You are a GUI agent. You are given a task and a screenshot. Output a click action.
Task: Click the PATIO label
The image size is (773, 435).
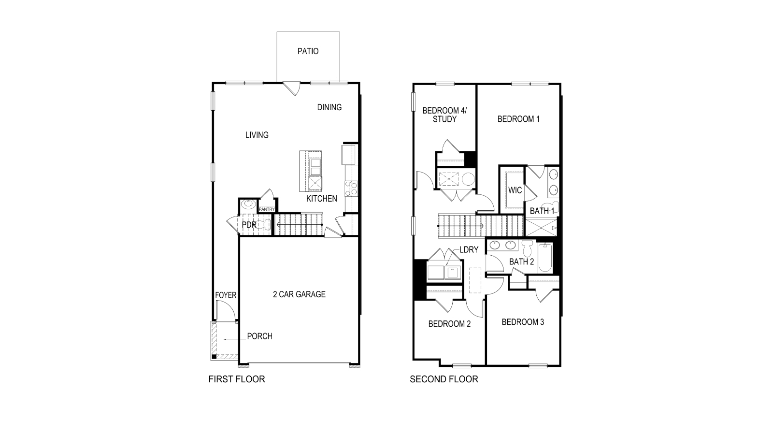coord(308,51)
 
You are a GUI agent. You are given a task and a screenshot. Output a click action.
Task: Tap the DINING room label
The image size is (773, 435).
coord(329,107)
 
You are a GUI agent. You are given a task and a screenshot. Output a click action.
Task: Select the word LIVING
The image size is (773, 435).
coord(257,135)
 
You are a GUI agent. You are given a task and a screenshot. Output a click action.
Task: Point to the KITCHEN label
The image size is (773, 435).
coord(322,199)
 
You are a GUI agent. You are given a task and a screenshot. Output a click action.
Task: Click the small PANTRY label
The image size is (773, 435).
coord(267,209)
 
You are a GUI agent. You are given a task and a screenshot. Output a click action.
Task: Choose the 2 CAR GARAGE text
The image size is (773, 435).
coord(299,294)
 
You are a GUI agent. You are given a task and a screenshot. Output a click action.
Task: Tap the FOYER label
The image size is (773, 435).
coord(226,295)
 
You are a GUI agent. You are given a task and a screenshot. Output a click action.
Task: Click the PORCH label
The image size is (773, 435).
coord(259,336)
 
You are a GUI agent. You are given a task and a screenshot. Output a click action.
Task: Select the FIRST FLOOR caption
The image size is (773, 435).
coord(237,379)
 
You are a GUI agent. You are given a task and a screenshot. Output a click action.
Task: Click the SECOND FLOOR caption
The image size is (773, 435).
coord(444,379)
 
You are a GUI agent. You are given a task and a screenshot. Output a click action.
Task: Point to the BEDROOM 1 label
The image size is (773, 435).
coord(518,119)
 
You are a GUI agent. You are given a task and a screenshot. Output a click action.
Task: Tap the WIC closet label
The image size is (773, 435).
coord(515,190)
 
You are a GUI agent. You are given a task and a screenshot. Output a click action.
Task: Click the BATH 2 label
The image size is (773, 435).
coord(521,261)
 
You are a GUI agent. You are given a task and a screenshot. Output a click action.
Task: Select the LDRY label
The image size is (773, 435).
coord(469,249)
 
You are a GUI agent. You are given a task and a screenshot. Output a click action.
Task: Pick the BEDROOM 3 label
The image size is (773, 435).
coord(523,322)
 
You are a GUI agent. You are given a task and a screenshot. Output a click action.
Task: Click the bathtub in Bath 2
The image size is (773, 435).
coord(545,257)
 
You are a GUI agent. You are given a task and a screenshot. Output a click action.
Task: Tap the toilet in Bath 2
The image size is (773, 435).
coord(527,248)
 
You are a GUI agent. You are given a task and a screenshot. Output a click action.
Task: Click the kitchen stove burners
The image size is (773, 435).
coord(351,189)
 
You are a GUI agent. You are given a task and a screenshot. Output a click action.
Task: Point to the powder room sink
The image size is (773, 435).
coord(248,203)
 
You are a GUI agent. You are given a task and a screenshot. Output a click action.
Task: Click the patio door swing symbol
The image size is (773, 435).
coord(292,88)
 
